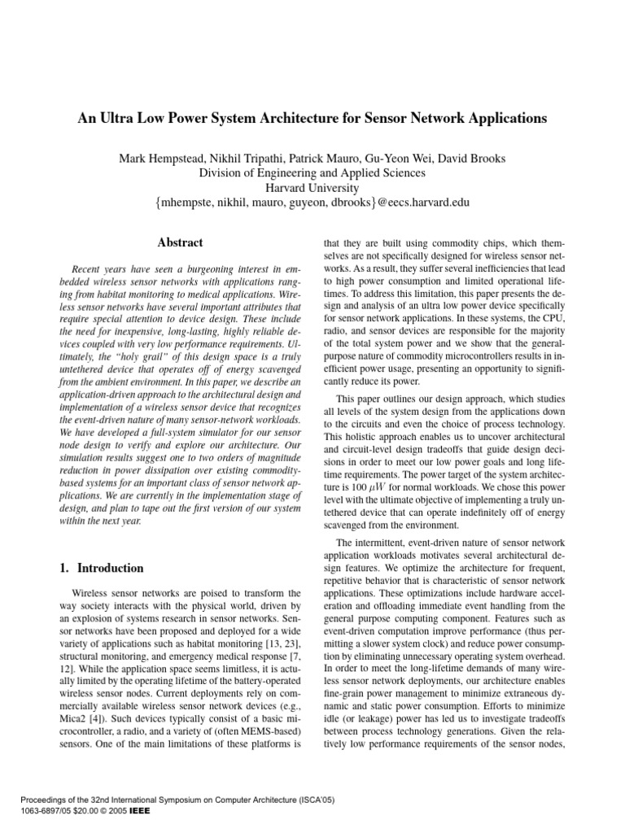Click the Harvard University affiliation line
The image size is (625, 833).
(x=312, y=187)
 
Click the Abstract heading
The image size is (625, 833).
(x=180, y=242)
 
